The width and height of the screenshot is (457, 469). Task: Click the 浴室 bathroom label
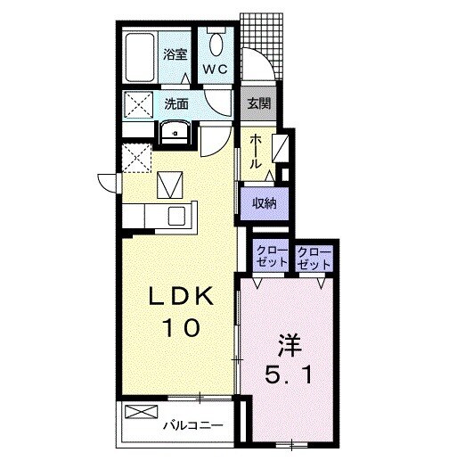175,54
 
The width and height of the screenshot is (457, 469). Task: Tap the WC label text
216,70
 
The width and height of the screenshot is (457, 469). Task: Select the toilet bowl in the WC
216,44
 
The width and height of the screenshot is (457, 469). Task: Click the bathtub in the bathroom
140,57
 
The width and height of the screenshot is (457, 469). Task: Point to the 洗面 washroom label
176,104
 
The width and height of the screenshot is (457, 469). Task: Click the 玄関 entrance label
259,103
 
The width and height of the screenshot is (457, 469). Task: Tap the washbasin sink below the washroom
175,132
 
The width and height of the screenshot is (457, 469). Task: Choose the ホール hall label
256,152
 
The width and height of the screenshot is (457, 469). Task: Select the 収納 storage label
265,203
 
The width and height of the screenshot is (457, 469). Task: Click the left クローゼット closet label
272,257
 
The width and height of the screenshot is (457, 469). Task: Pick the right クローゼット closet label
314,257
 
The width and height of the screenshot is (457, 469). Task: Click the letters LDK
182,296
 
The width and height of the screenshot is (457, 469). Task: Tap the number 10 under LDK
181,328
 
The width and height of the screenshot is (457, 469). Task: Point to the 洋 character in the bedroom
290,345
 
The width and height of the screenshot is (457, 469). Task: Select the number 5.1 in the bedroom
289,375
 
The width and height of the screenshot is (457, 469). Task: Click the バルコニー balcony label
193,425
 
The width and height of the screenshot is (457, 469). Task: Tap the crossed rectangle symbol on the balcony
141,412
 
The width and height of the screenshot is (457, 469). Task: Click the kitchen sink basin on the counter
176,217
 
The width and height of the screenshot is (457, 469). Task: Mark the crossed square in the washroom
138,104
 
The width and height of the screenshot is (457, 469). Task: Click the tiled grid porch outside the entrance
262,45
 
